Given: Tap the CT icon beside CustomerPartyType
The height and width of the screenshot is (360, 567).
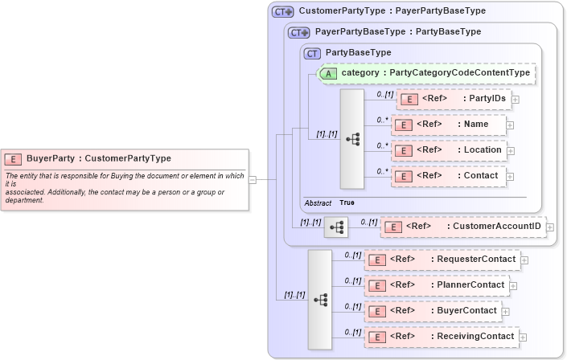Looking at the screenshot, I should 283,12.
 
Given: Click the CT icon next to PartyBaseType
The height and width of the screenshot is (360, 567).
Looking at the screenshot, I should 312,53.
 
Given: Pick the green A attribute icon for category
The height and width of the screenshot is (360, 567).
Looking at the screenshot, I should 328,73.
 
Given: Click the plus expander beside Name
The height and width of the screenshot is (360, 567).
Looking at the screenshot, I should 510,125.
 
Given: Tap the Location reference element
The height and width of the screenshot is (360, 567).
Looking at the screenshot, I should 449,150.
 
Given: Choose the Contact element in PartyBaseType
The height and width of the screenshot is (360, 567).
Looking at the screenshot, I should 447,176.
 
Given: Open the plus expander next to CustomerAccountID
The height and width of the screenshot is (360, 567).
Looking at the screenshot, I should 550,227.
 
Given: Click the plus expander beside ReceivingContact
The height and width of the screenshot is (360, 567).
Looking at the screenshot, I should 523,337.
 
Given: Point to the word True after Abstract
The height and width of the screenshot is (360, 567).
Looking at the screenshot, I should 347,202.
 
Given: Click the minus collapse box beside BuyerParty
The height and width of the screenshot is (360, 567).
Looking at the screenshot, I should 253,180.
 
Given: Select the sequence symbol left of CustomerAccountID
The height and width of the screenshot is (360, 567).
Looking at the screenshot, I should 335,227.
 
